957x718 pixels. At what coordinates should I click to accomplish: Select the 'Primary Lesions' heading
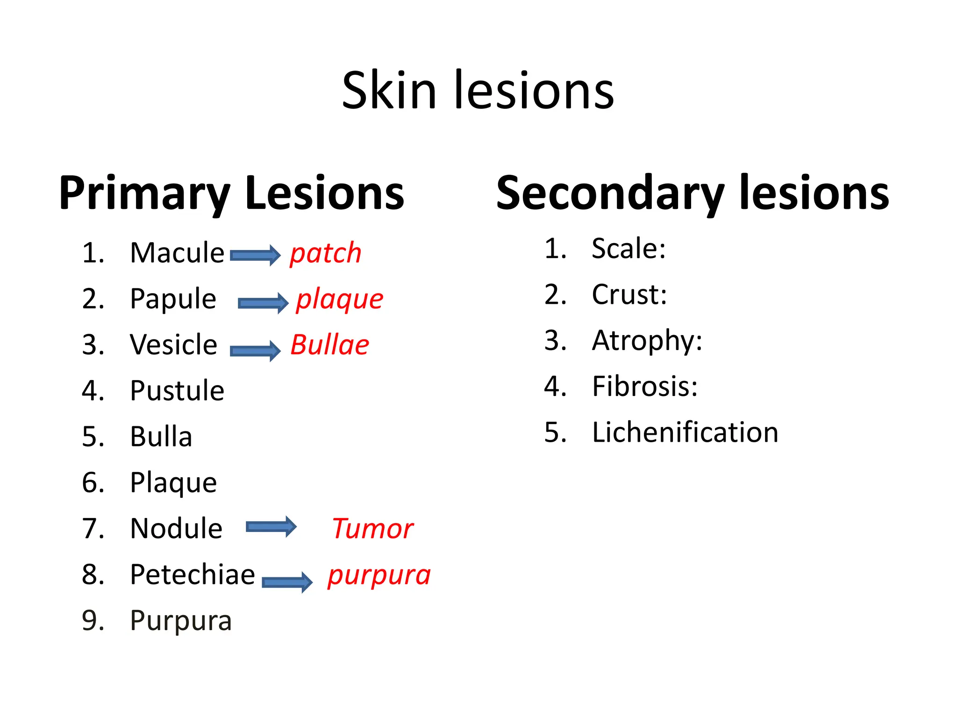(x=231, y=193)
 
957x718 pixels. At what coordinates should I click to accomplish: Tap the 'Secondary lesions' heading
(x=693, y=193)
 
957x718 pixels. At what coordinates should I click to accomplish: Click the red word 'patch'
(x=326, y=254)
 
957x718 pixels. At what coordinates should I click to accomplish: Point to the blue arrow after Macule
(x=255, y=255)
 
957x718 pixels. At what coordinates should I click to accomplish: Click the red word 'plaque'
(x=340, y=300)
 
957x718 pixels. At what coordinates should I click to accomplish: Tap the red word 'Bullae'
(x=329, y=345)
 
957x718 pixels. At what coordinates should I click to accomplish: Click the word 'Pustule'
(x=177, y=391)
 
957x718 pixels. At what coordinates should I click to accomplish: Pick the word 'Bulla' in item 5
(x=161, y=437)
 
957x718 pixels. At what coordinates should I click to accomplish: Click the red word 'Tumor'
(x=372, y=529)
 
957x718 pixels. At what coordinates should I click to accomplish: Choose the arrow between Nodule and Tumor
(x=271, y=527)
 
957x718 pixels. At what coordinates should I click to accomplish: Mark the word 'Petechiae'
(x=193, y=575)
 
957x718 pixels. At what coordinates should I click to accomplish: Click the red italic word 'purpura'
(x=379, y=576)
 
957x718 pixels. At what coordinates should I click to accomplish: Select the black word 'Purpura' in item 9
(x=181, y=621)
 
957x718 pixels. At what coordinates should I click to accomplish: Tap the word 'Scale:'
(x=628, y=249)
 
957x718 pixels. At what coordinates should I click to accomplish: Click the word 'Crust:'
(x=629, y=295)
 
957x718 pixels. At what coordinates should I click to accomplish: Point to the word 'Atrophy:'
(x=647, y=341)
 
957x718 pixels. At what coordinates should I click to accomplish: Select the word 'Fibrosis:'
(x=645, y=387)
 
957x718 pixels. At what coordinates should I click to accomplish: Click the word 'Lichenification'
(x=685, y=432)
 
